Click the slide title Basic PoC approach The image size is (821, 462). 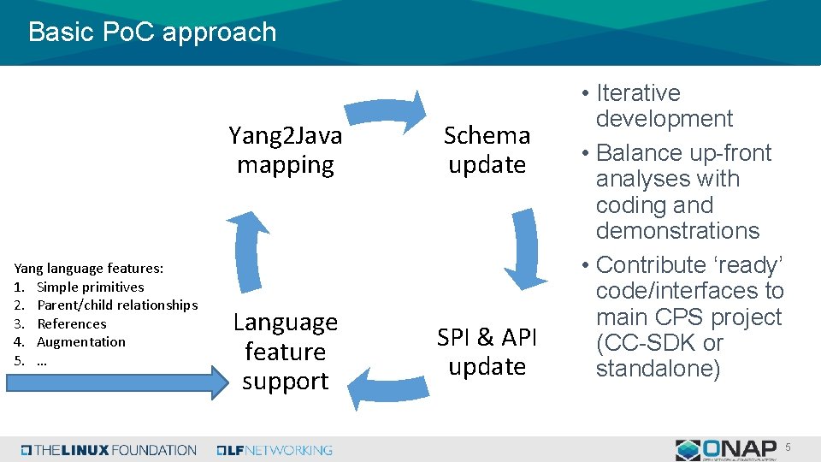[x=152, y=33]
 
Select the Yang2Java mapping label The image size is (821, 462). [x=285, y=150]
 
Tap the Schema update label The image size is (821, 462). [x=487, y=150]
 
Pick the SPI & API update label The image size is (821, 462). [x=487, y=352]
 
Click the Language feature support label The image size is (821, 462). [x=285, y=352]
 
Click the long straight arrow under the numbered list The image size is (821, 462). [x=111, y=382]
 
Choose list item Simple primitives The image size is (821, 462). [x=90, y=287]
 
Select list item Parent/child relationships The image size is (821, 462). [x=117, y=305]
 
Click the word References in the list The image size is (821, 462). [x=72, y=323]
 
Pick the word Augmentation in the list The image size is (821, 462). [x=81, y=341]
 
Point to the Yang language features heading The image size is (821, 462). [x=88, y=268]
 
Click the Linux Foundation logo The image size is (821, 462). [x=109, y=450]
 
